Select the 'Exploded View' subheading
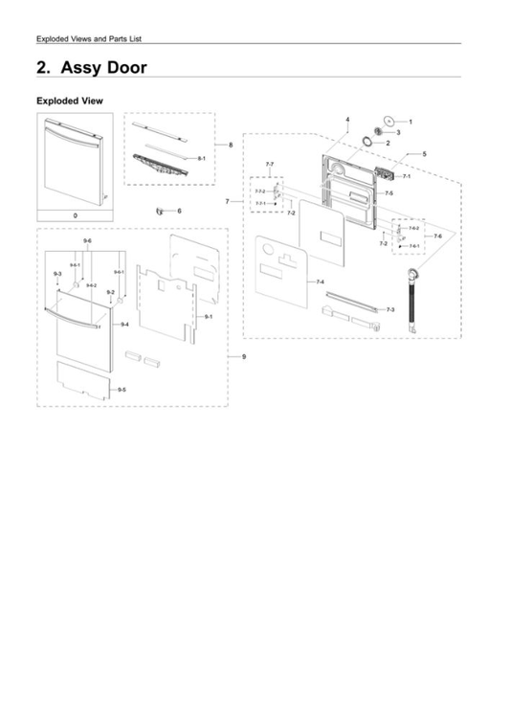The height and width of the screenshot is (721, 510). point(68,101)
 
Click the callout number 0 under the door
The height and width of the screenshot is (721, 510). point(74,216)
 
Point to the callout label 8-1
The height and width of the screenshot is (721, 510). point(202,156)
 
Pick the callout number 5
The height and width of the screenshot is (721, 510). point(424,153)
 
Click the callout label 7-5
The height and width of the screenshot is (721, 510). point(388,193)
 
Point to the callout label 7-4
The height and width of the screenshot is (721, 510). point(320,282)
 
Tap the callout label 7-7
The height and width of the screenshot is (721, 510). point(270,165)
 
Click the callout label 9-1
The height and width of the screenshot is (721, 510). point(208,316)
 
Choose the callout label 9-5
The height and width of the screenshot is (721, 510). point(121,392)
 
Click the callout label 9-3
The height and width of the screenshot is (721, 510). point(57,274)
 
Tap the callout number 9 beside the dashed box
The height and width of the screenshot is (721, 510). point(244,355)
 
